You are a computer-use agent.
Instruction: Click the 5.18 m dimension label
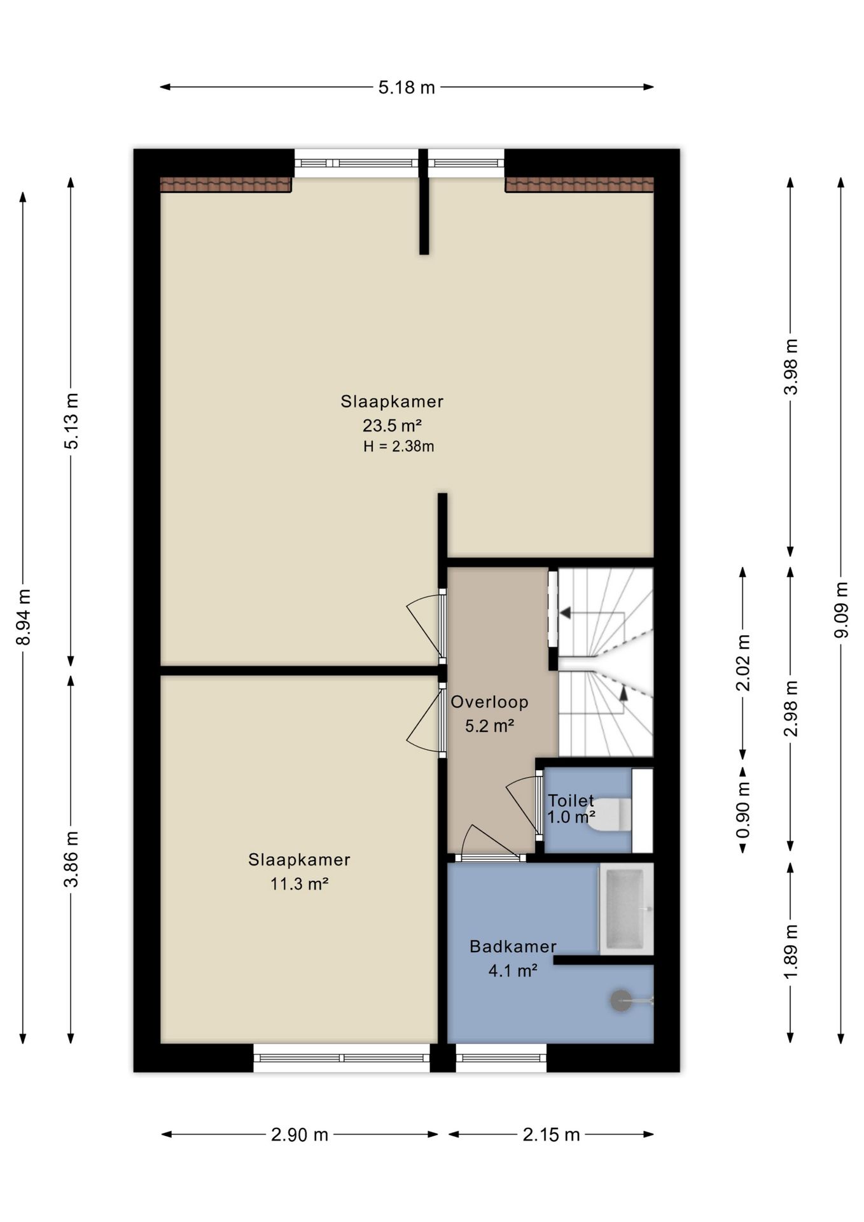pyautogui.click(x=407, y=87)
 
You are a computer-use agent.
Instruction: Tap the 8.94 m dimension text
pyautogui.click(x=24, y=617)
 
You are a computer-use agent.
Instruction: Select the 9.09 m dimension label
pyautogui.click(x=841, y=610)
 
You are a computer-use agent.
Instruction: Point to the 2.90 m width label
pyautogui.click(x=300, y=1134)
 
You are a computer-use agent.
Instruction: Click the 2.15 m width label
pyautogui.click(x=551, y=1134)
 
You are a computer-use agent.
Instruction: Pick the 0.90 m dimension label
pyautogui.click(x=742, y=810)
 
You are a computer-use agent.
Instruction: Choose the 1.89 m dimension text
pyautogui.click(x=790, y=953)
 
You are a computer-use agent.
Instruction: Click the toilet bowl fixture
pyautogui.click(x=610, y=815)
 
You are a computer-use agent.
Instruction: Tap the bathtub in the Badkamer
pyautogui.click(x=626, y=909)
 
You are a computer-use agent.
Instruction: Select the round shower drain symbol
pyautogui.click(x=621, y=1001)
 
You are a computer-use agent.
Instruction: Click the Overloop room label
pyautogui.click(x=489, y=702)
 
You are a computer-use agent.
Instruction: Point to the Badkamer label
pyautogui.click(x=513, y=946)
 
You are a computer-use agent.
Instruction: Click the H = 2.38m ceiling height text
pyautogui.click(x=399, y=446)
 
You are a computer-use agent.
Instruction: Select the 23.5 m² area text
pyautogui.click(x=392, y=425)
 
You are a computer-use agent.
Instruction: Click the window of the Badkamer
pyautogui.click(x=501, y=1058)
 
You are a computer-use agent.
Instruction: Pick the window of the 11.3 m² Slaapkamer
pyautogui.click(x=342, y=1058)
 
